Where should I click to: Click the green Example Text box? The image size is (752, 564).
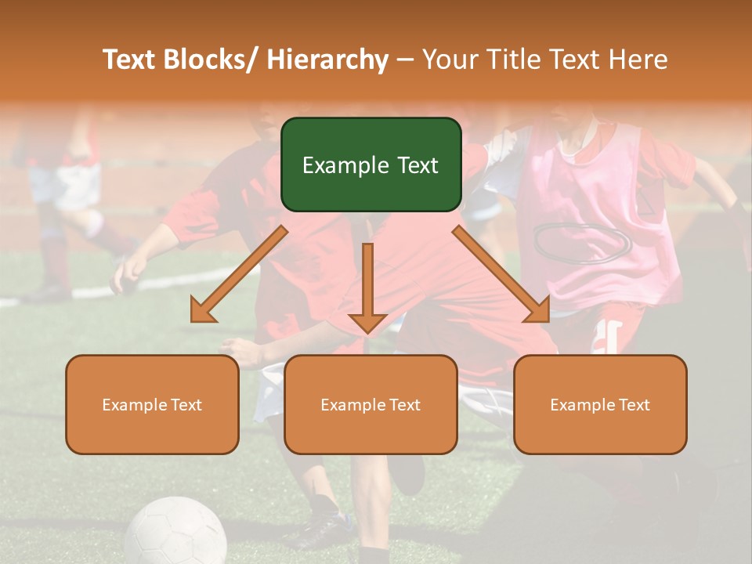[371, 164]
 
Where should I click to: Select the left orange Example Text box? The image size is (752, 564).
[152, 404]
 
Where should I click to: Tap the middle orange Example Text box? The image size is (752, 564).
[371, 404]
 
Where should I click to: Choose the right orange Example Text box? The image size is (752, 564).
[600, 404]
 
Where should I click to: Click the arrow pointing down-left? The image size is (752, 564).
[239, 274]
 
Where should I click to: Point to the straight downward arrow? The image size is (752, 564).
[367, 287]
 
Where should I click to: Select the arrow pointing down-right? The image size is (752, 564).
[501, 274]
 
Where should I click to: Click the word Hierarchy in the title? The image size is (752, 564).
[327, 60]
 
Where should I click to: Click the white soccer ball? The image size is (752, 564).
[175, 533]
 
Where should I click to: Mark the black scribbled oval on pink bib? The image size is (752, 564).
[583, 241]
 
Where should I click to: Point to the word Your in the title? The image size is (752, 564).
[448, 60]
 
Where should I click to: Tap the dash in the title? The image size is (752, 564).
[404, 60]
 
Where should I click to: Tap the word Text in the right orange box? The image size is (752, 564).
[634, 404]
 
